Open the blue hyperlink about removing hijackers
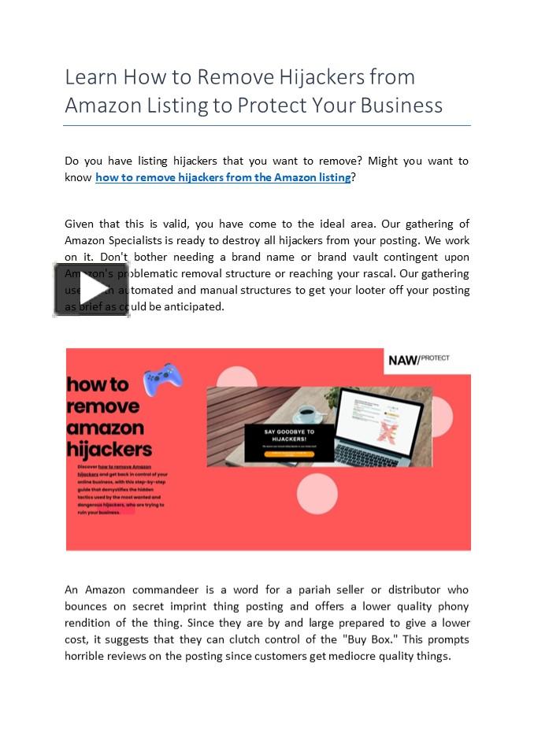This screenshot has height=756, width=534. [x=223, y=177]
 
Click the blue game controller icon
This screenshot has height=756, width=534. [x=163, y=380]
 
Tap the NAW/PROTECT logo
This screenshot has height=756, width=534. [x=418, y=360]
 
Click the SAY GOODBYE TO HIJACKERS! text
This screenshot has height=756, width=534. [x=288, y=435]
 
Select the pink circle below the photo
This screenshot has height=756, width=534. [x=317, y=494]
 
